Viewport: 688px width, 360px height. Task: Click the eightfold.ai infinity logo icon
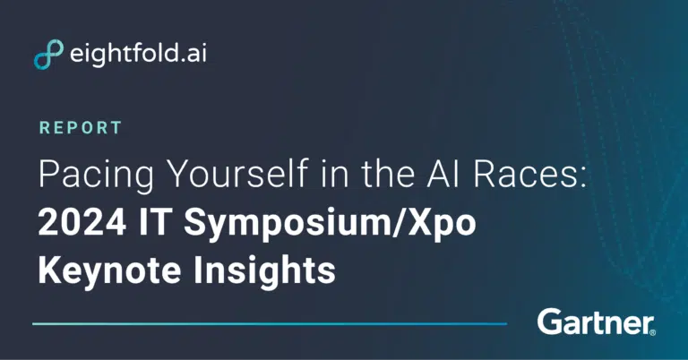coord(48,54)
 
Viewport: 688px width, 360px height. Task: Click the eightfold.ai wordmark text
coord(138,54)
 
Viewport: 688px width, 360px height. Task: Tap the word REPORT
coord(81,127)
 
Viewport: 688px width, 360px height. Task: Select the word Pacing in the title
coord(96,175)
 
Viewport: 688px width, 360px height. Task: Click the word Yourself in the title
coord(239,174)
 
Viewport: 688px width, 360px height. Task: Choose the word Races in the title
coord(525,174)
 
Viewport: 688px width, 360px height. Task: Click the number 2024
coord(82,222)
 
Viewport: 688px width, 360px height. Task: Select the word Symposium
coord(288,225)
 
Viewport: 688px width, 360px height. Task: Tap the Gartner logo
coord(596,322)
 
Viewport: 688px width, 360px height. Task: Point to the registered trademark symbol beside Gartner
coord(652,333)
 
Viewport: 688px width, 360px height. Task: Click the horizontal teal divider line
coord(270,324)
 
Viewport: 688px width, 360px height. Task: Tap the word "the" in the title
coord(388,174)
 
